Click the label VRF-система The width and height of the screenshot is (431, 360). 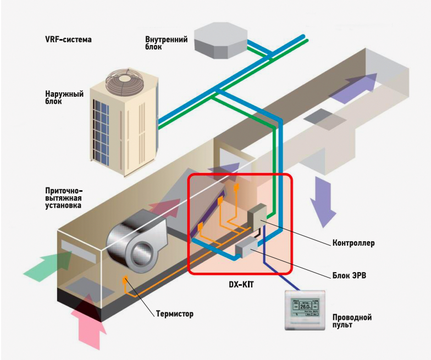[68, 40]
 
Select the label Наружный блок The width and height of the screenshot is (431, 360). [64, 98]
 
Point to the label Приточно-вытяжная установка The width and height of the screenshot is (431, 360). [64, 198]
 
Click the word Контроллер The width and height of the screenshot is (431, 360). [353, 242]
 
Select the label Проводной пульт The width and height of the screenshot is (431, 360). [352, 322]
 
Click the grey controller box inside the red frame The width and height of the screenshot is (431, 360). [257, 216]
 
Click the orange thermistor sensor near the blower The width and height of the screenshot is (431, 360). [125, 279]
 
